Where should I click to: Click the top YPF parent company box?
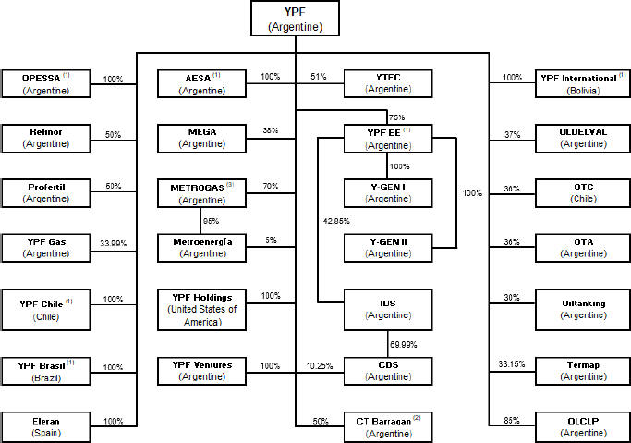(295, 18)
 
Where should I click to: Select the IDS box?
(387, 309)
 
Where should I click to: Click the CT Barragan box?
(387, 425)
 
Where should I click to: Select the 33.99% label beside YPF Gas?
(114, 246)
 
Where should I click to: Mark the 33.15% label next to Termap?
(511, 363)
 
